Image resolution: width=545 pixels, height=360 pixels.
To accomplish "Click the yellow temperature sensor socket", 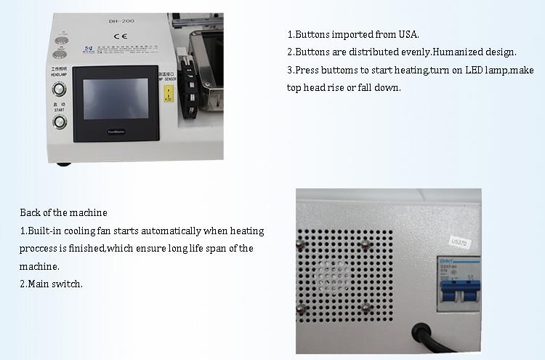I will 169,93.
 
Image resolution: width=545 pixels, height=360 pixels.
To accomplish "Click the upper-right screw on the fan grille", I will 366,246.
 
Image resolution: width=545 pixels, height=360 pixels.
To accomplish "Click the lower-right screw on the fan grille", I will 366,309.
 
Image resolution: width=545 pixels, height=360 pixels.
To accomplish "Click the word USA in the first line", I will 409,34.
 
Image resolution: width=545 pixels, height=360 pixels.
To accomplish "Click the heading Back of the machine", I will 63,213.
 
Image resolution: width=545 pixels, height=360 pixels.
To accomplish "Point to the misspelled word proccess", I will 41,249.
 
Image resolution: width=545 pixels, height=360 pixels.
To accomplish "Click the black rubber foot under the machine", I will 65,162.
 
